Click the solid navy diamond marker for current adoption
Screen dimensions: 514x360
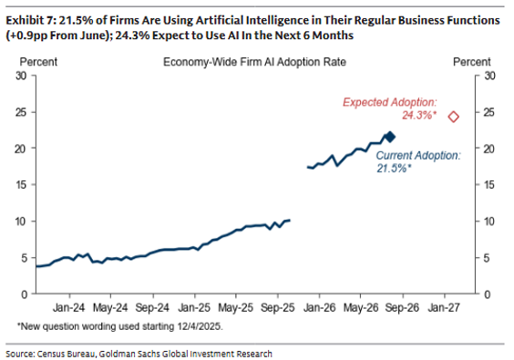point(390,137)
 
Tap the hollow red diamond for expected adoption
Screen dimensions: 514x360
point(454,117)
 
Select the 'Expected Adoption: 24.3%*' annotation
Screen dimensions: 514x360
point(390,108)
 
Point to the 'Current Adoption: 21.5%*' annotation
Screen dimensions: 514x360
point(418,161)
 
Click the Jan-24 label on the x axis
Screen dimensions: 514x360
point(69,307)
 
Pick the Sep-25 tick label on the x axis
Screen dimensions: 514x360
point(278,307)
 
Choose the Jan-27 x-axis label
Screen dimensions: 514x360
point(444,307)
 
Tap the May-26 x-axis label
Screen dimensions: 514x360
point(361,307)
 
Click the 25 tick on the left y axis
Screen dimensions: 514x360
point(21,112)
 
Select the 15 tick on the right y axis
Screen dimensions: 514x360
point(489,185)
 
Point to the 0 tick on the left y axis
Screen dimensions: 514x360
point(24,294)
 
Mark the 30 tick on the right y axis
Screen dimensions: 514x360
point(489,76)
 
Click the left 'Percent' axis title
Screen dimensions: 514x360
point(38,62)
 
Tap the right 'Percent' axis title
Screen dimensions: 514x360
point(472,62)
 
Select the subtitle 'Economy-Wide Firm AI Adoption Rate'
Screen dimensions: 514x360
point(254,62)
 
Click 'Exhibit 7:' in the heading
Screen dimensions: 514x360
point(30,20)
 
